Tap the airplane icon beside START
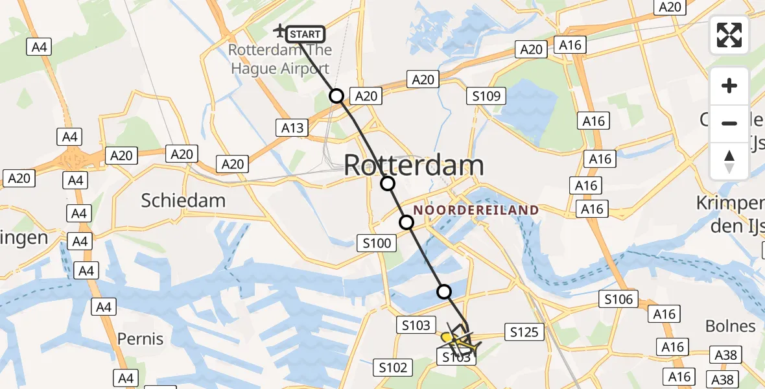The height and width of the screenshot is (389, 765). (x=280, y=30)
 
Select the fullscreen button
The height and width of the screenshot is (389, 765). (x=729, y=35)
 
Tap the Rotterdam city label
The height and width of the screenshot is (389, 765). (x=413, y=165)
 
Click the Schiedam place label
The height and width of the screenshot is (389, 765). (x=183, y=200)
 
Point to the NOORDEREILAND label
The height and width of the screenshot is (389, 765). (x=476, y=210)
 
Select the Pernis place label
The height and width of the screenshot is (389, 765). (x=141, y=338)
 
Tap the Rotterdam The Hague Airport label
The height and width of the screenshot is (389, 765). (x=279, y=60)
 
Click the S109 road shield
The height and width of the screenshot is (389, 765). (x=486, y=97)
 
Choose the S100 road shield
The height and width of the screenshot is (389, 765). (x=375, y=243)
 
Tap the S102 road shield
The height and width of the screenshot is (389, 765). (x=393, y=368)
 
